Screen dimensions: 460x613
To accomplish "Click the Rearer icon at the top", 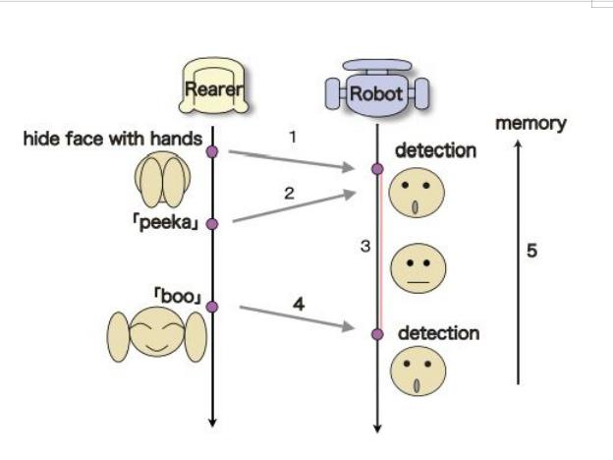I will click(212, 86).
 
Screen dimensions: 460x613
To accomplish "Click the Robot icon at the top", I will click(376, 90).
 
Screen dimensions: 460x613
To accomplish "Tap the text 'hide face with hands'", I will click(112, 139).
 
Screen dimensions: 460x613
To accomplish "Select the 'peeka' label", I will click(165, 223).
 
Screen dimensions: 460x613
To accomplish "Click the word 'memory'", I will click(530, 123).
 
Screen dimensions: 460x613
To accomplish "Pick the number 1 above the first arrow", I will click(293, 137).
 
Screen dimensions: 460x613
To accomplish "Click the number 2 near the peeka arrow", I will click(289, 194).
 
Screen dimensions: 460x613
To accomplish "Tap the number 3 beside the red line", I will click(365, 247).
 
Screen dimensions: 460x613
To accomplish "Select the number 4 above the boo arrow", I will click(298, 305).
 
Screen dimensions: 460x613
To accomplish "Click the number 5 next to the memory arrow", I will click(531, 251).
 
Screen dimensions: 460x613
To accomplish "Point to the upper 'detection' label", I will click(435, 151).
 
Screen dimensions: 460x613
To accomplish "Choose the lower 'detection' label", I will click(438, 334).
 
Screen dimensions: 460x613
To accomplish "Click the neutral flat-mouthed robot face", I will click(418, 268).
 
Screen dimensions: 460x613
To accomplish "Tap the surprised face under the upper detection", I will click(416, 195).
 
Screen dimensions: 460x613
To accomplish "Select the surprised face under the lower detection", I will click(418, 376).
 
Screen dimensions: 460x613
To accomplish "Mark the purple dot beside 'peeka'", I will click(211, 223).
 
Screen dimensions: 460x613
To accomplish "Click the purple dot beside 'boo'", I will click(212, 306).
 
